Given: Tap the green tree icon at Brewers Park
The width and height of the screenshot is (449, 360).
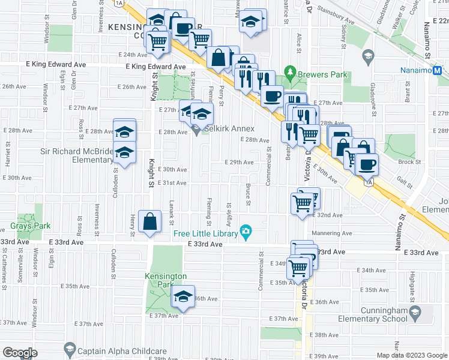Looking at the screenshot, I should [x=291, y=74].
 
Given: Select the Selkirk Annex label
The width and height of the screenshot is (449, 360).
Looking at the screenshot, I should [x=231, y=129].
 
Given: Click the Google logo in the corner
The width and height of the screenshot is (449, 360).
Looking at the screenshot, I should [x=20, y=353].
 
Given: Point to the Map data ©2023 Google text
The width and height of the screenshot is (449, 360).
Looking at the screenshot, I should [x=412, y=355].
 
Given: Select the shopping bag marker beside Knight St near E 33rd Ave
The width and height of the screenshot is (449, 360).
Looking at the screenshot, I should [x=149, y=221].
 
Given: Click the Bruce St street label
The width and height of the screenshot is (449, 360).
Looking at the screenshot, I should [x=248, y=197].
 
